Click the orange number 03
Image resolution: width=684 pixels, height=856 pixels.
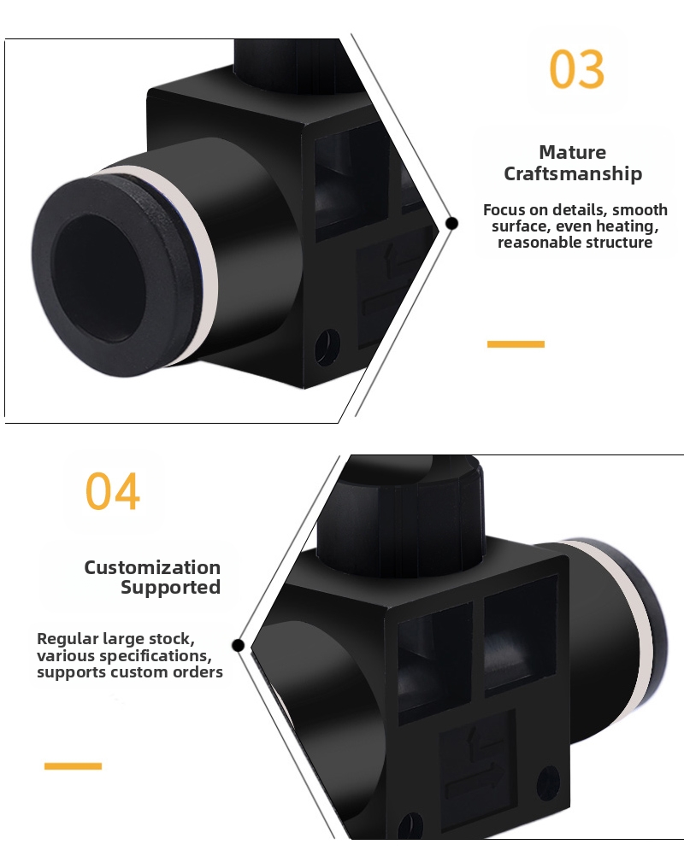coord(577,70)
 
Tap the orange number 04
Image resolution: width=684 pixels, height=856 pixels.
coord(112,491)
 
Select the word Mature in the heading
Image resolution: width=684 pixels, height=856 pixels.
coord(572,153)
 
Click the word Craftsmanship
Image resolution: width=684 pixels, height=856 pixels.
coord(573,174)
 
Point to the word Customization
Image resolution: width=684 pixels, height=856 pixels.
coord(152,567)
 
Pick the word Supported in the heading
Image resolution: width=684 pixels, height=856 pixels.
coord(170,588)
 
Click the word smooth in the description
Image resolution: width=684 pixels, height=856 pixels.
coord(640,210)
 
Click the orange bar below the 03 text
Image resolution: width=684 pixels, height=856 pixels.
coord(516,343)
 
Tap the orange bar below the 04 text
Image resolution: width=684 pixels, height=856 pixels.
coord(73,765)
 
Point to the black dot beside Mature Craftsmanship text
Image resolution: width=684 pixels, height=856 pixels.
coord(452,223)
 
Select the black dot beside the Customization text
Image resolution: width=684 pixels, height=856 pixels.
coord(239,645)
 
